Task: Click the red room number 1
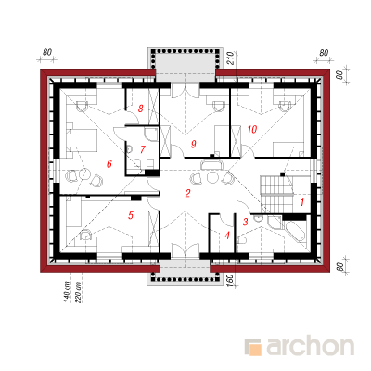[302, 202]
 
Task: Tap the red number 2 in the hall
[187, 193]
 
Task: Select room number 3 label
[246, 222]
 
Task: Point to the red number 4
[227, 236]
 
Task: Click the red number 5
[131, 215]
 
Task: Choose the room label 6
[109, 164]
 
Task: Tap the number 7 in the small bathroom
[142, 149]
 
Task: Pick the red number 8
[141, 109]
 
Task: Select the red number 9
[194, 144]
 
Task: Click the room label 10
[252, 129]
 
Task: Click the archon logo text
[310, 347]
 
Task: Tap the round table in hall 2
[212, 177]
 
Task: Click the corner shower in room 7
[150, 134]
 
